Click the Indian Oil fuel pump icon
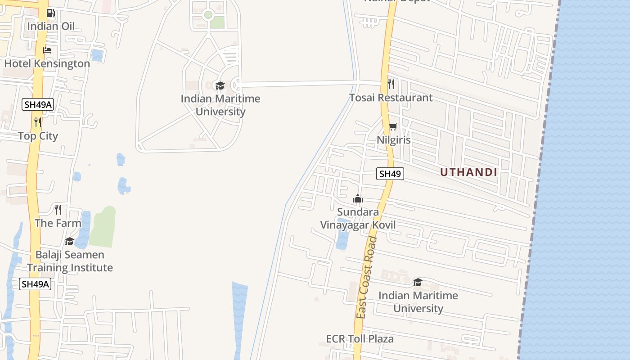coord(51,13)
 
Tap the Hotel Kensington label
coord(47,63)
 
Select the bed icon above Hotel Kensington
coord(47,50)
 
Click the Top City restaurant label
coord(38,136)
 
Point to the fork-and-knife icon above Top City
coord(38,122)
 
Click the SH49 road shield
coord(390,173)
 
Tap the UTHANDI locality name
coord(468,172)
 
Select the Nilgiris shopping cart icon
coord(393,127)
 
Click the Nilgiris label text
coord(394,140)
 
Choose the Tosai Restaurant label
coord(391,98)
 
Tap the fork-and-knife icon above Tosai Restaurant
coord(391,84)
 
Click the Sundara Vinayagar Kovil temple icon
coord(358,198)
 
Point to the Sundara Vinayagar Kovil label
coord(358,218)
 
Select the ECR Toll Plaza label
coord(360,338)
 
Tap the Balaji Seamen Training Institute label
coord(70,261)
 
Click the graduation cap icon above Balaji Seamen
coord(69,242)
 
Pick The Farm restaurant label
coord(58,223)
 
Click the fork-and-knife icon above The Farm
coord(58,209)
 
